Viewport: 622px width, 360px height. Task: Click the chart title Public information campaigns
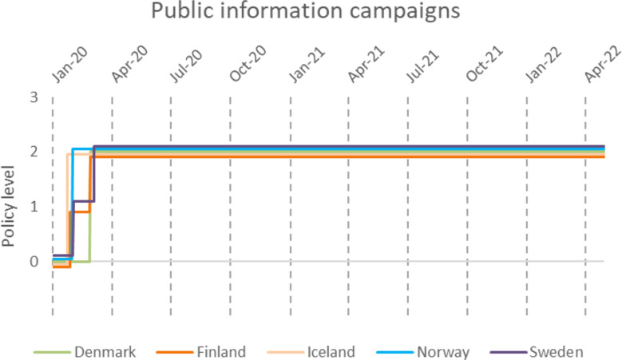(306, 11)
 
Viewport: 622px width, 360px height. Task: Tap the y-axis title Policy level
(8, 206)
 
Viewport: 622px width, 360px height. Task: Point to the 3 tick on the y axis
(34, 97)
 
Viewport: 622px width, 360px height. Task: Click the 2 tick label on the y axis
(34, 152)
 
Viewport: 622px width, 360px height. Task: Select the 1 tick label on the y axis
(34, 207)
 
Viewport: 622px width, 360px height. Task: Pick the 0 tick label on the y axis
(34, 262)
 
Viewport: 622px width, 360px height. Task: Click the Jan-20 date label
(69, 65)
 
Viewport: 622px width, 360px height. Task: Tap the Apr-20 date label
(129, 65)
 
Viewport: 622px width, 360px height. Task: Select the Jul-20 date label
(186, 66)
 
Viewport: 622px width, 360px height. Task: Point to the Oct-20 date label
(248, 63)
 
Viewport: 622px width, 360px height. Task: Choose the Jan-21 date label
(307, 65)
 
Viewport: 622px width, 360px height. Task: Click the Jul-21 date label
(423, 66)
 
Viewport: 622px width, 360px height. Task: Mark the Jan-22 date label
(544, 65)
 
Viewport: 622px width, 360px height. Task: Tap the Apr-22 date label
(603, 65)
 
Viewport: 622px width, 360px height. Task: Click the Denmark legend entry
(85, 352)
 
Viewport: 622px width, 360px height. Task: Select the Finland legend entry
(201, 352)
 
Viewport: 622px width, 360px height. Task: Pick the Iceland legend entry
(311, 352)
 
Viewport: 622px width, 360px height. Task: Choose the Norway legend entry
(423, 352)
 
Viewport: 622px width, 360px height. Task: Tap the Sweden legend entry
(537, 352)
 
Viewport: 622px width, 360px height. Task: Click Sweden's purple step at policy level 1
(83, 201)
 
